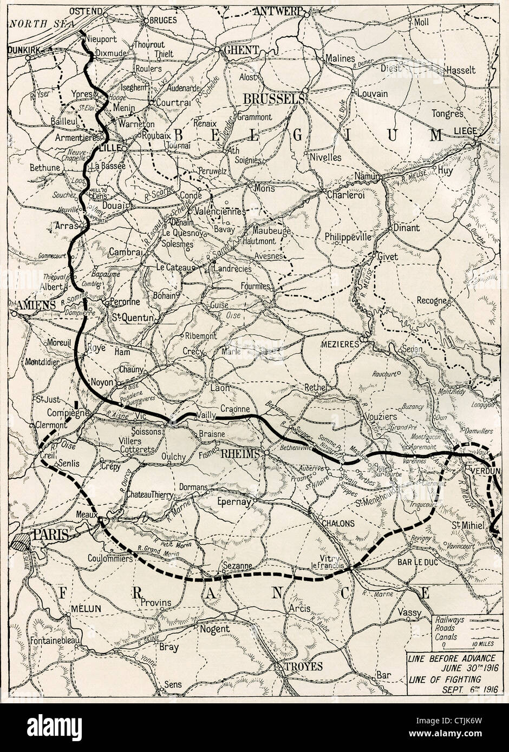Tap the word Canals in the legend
click(x=443, y=637)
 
